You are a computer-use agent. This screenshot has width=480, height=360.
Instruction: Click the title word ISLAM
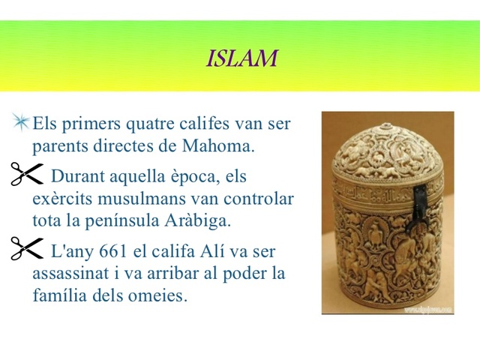pyautogui.click(x=241, y=58)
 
